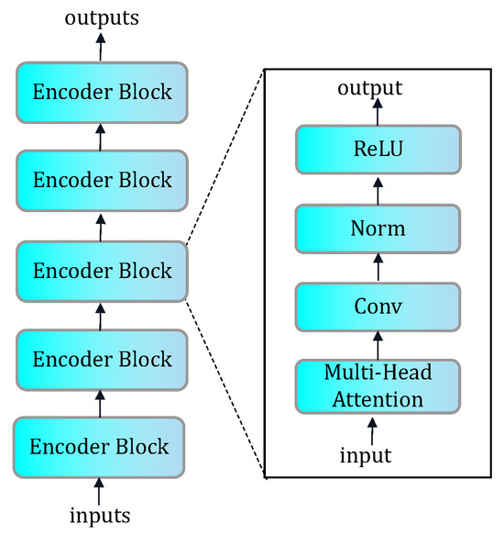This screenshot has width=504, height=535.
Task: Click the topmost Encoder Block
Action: tap(101, 92)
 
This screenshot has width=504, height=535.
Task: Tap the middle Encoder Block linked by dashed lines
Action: tap(101, 271)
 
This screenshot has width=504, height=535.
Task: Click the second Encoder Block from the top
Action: tap(101, 180)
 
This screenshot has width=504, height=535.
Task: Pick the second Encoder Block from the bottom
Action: tap(101, 359)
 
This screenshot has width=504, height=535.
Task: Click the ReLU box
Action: tap(377, 150)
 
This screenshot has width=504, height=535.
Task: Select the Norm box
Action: tap(377, 228)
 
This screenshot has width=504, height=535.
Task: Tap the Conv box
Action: tap(377, 307)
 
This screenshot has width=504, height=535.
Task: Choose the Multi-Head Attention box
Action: tap(377, 385)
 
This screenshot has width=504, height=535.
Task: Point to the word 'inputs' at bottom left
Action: tap(101, 515)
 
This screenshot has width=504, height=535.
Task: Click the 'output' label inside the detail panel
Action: tap(370, 89)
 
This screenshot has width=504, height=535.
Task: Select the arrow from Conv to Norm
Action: tap(377, 267)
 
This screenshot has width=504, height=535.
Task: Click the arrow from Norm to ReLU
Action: tap(377, 188)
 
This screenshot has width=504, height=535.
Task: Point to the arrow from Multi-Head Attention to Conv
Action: tap(377, 346)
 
